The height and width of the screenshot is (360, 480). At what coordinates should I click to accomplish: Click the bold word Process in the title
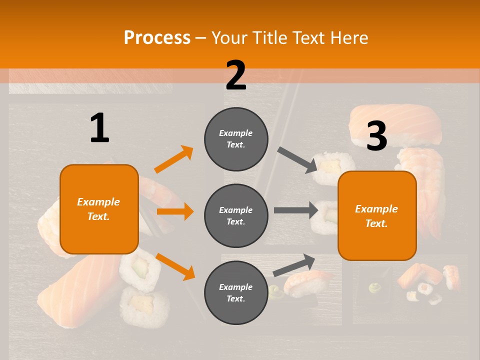click(157, 37)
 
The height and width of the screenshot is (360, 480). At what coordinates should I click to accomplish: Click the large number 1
click(99, 128)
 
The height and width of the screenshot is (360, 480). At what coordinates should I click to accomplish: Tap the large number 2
click(236, 75)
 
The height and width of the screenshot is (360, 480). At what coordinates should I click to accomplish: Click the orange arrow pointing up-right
click(173, 159)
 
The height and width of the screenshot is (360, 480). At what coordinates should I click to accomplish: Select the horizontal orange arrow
click(175, 211)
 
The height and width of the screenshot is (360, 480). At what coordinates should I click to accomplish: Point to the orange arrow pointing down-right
click(175, 266)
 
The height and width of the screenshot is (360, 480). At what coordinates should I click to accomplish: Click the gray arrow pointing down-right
click(297, 159)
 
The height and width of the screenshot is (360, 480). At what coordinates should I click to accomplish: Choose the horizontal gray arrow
click(296, 210)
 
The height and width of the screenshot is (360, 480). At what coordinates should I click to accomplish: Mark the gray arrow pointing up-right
click(294, 265)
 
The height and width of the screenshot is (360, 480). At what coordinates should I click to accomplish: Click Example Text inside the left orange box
click(98, 209)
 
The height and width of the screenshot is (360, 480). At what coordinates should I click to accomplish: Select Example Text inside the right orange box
click(376, 216)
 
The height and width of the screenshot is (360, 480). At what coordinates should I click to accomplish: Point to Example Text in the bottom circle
click(236, 293)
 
